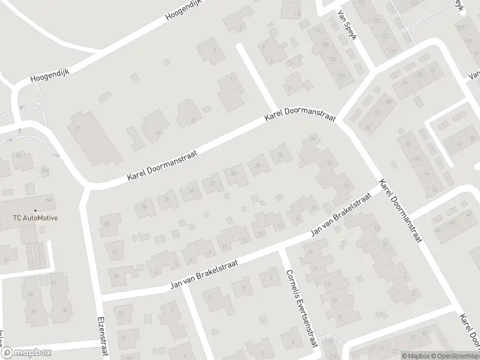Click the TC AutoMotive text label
[35, 218]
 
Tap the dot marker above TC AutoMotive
[35, 209]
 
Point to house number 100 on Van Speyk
[341, 75]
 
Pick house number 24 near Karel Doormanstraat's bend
[312, 139]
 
